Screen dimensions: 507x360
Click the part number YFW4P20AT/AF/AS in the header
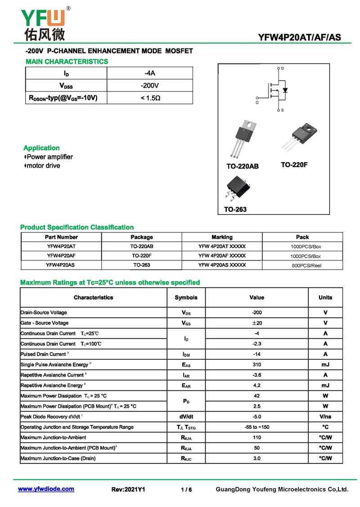coord(299,38)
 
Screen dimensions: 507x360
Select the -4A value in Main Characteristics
coord(150,73)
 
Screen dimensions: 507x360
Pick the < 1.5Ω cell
coord(150,98)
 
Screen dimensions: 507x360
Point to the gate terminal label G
coord(257,102)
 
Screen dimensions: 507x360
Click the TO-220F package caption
coord(294,165)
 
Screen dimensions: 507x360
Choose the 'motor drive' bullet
coord(43,166)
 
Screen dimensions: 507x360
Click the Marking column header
coord(222,237)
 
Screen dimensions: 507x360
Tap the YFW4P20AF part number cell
coord(61,256)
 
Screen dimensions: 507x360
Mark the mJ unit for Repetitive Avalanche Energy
coord(325,385)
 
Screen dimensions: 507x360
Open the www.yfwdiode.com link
coord(46,489)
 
